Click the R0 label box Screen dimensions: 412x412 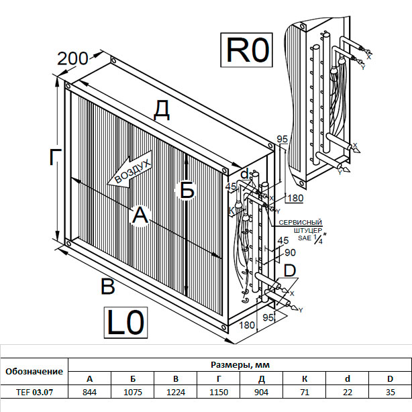(248, 51)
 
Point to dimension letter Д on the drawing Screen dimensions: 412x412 (161, 109)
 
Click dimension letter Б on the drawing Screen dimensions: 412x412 (187, 191)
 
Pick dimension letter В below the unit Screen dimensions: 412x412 (107, 287)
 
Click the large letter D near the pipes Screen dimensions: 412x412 (289, 270)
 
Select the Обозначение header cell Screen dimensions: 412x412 (34, 371)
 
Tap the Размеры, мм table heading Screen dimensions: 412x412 (240, 364)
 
